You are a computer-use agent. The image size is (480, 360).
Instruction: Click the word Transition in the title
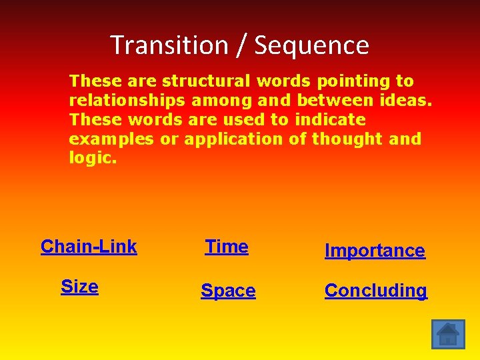tap(169, 45)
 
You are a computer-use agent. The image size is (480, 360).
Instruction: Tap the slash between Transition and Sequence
tap(241, 45)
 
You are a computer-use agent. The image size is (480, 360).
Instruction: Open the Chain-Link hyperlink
tap(89, 247)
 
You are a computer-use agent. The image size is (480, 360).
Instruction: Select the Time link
tap(227, 247)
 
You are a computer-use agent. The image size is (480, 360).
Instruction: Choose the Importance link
tap(374, 251)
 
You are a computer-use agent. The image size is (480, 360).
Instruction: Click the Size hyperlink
tap(79, 287)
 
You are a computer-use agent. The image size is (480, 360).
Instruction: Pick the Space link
tap(228, 291)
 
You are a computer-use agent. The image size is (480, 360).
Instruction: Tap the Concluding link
tap(375, 291)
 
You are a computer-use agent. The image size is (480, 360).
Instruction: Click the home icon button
tap(448, 333)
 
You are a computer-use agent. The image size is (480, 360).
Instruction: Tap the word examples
tap(111, 139)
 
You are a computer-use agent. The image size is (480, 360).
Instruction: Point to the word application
tap(233, 139)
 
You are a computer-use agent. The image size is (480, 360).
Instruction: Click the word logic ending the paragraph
tap(91, 159)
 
